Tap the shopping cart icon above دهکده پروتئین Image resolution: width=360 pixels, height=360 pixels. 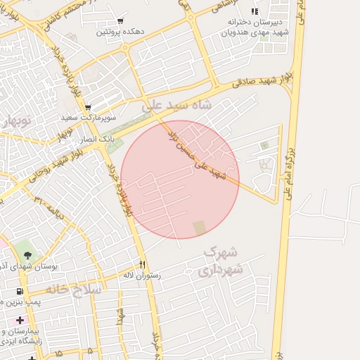pos(120,21)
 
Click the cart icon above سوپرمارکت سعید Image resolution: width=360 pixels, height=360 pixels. pos(88,108)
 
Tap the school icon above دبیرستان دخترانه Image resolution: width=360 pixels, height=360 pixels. pos(254,12)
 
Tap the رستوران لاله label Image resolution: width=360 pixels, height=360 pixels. pos(142,275)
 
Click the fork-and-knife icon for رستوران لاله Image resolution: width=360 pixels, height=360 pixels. pos(143,264)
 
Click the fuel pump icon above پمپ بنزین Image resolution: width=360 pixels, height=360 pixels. pos(19,291)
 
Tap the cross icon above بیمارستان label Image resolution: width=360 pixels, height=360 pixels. pos(20,320)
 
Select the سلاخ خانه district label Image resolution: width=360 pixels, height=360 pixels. pos(74,289)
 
